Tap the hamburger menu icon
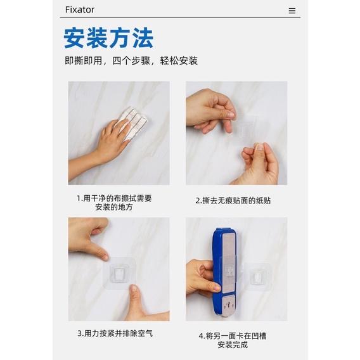pyautogui.click(x=292, y=11)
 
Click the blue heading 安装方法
pyautogui.click(x=108, y=38)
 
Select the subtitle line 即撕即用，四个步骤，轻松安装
pyautogui.click(x=131, y=61)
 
